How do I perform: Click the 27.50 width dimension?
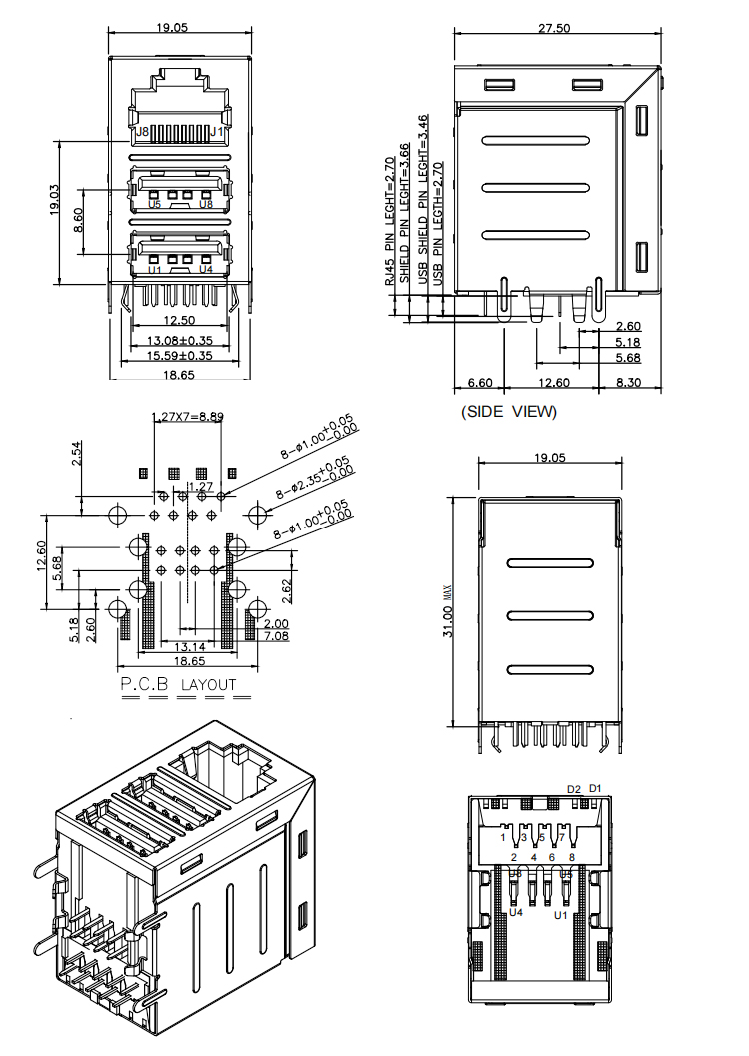coord(554,28)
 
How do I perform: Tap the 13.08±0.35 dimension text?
coord(180,341)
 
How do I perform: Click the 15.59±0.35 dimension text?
coord(180,355)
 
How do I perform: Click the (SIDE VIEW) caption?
coord(508,411)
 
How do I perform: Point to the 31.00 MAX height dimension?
coord(450,610)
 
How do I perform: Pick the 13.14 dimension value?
coord(193,648)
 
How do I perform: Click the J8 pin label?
coord(142,131)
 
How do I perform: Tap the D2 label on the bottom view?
coord(574,789)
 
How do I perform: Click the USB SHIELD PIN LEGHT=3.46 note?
coord(423,199)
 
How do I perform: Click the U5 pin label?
coord(153,204)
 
